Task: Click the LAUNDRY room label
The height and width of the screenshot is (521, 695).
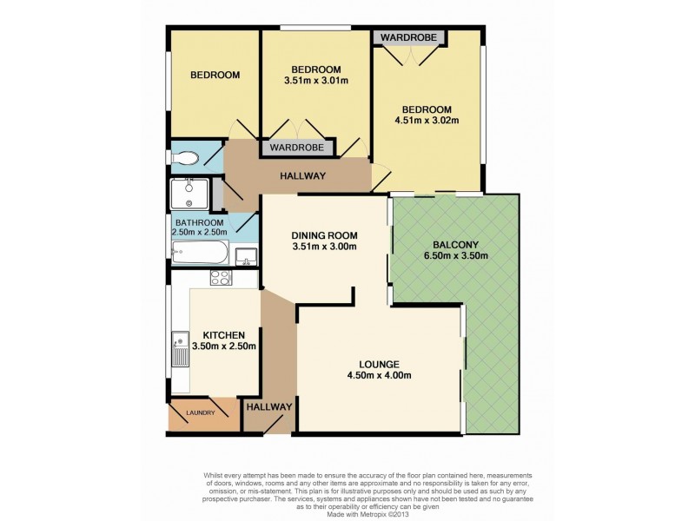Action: point(201,413)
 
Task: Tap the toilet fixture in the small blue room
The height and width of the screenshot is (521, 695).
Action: point(185,158)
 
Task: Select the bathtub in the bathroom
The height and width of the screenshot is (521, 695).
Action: point(201,253)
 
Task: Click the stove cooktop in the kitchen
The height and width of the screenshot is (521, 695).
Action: point(222,278)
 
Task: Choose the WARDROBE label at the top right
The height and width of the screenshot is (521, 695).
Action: point(408,37)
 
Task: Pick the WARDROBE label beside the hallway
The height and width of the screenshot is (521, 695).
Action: point(297,147)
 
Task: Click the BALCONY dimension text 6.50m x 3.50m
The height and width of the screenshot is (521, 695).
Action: point(455,255)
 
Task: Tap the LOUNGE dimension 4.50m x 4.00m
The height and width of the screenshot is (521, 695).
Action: point(380,376)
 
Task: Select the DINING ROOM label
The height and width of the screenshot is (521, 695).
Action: point(324,235)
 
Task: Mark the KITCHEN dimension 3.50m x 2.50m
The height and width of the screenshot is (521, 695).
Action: point(223,346)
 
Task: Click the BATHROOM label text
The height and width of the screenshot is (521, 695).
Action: point(200,222)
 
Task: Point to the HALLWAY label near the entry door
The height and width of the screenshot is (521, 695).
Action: point(269,406)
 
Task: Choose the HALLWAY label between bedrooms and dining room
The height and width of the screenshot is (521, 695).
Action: point(302,176)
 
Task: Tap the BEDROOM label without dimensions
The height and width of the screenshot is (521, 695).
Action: point(215,76)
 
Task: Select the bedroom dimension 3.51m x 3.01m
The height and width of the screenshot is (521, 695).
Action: point(316,81)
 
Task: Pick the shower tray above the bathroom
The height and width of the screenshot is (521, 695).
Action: point(189,193)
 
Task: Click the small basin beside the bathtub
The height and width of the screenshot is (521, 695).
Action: point(246,256)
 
